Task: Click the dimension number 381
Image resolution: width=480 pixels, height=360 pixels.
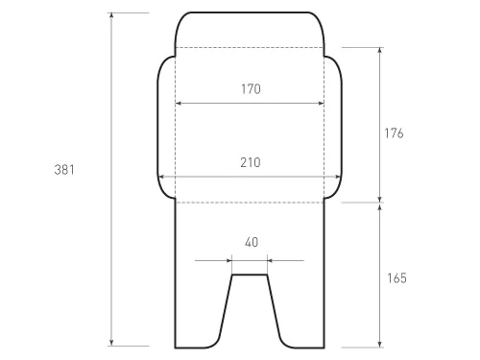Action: tap(64, 170)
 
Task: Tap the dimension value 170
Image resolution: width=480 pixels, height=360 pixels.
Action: tap(251, 89)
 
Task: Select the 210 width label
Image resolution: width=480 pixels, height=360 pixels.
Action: tap(251, 162)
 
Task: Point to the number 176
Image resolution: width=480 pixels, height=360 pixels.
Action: tap(394, 133)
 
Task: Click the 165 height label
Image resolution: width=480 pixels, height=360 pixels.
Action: tap(396, 278)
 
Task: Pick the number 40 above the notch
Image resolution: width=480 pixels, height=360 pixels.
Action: tap(252, 242)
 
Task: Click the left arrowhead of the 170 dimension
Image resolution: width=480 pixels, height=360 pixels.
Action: tap(179, 103)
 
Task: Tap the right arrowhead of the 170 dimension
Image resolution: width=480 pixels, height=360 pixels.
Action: tap(321, 103)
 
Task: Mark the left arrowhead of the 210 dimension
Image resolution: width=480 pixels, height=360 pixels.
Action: tap(161, 177)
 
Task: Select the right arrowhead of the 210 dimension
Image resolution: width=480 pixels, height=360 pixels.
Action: tap(338, 177)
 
